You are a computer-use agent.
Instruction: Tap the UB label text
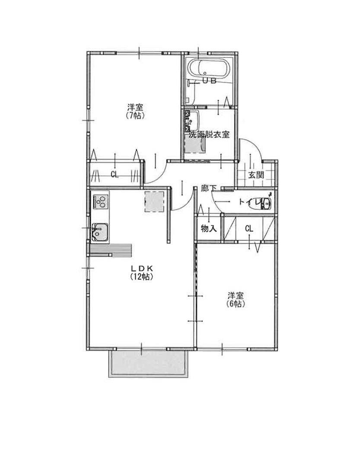click(x=209, y=80)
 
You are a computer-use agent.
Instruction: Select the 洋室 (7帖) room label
click(x=135, y=111)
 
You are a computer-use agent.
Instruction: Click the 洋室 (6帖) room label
click(x=236, y=300)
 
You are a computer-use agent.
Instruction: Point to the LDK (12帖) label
click(x=141, y=272)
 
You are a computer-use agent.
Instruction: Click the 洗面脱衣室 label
click(x=209, y=135)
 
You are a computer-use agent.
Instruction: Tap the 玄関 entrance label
click(x=256, y=175)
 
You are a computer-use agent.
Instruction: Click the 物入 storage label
click(x=208, y=229)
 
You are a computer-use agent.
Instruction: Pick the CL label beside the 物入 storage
click(x=249, y=229)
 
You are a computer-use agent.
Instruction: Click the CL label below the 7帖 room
click(x=115, y=175)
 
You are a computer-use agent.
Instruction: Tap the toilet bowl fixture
click(x=262, y=204)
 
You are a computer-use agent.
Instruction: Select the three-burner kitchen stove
click(x=100, y=201)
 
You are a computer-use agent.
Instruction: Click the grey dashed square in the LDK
click(x=154, y=202)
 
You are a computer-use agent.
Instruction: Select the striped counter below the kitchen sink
click(x=111, y=250)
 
